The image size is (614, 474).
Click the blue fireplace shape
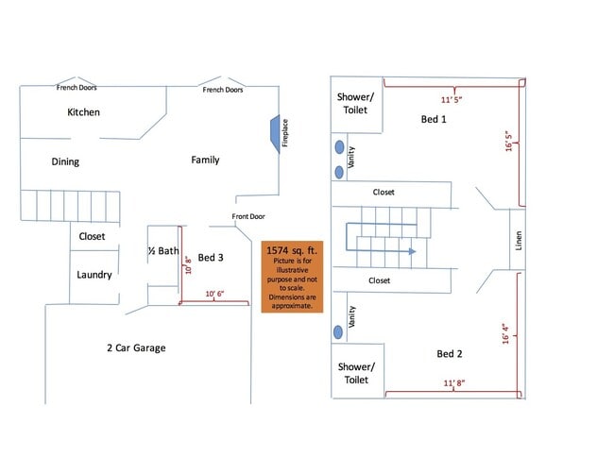pyautogui.click(x=275, y=134)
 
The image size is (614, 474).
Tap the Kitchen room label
pyautogui.click(x=83, y=112)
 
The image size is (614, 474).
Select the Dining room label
pyautogui.click(x=65, y=161)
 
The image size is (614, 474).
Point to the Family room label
pyautogui.click(x=205, y=160)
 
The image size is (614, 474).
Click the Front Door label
pyautogui.click(x=248, y=216)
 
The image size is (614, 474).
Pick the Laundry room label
pyautogui.click(x=94, y=275)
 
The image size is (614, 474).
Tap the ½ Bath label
pyautogui.click(x=163, y=250)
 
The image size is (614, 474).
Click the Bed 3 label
pyautogui.click(x=211, y=258)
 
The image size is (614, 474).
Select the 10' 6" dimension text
pyautogui.click(x=214, y=294)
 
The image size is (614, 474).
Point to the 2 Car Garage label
pyautogui.click(x=136, y=348)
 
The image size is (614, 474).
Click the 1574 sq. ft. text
pyautogui.click(x=292, y=250)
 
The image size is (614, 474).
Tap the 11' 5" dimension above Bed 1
pyautogui.click(x=452, y=99)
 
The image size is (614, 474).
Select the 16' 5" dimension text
pyautogui.click(x=508, y=141)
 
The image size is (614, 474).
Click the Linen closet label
pyautogui.click(x=519, y=241)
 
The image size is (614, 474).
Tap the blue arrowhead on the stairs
pyautogui.click(x=412, y=251)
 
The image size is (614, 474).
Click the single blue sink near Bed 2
pyautogui.click(x=338, y=332)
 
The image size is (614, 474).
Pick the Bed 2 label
pyautogui.click(x=450, y=354)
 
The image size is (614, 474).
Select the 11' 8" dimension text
pyautogui.click(x=454, y=382)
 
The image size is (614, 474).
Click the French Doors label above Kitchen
pyautogui.click(x=77, y=87)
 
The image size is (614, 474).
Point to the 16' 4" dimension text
pyautogui.click(x=505, y=334)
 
